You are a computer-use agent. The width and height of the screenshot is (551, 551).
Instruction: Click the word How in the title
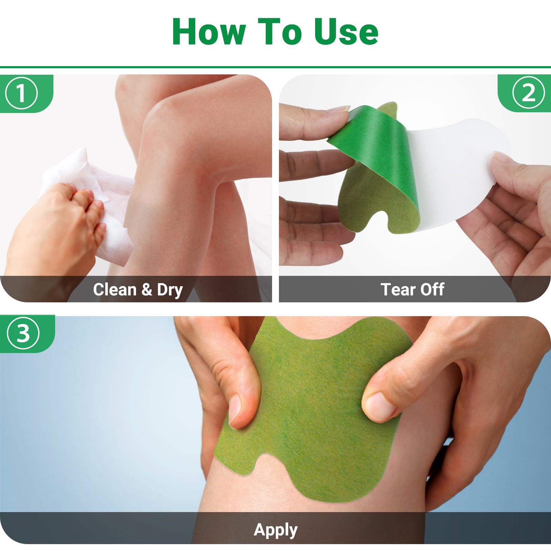point(209,32)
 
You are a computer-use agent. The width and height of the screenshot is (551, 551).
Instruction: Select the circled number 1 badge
point(21,93)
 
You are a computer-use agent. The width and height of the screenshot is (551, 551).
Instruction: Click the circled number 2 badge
point(529,93)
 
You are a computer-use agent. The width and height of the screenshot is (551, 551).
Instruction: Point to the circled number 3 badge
point(23,333)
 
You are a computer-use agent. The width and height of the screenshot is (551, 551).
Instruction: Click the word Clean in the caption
point(115,289)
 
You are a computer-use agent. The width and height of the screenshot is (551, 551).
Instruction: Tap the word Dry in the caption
point(170,290)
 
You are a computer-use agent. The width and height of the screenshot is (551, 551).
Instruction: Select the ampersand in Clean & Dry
point(147,289)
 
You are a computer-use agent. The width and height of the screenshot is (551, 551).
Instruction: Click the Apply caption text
point(275,531)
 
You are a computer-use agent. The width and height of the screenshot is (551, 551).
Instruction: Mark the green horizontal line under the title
point(275,67)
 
